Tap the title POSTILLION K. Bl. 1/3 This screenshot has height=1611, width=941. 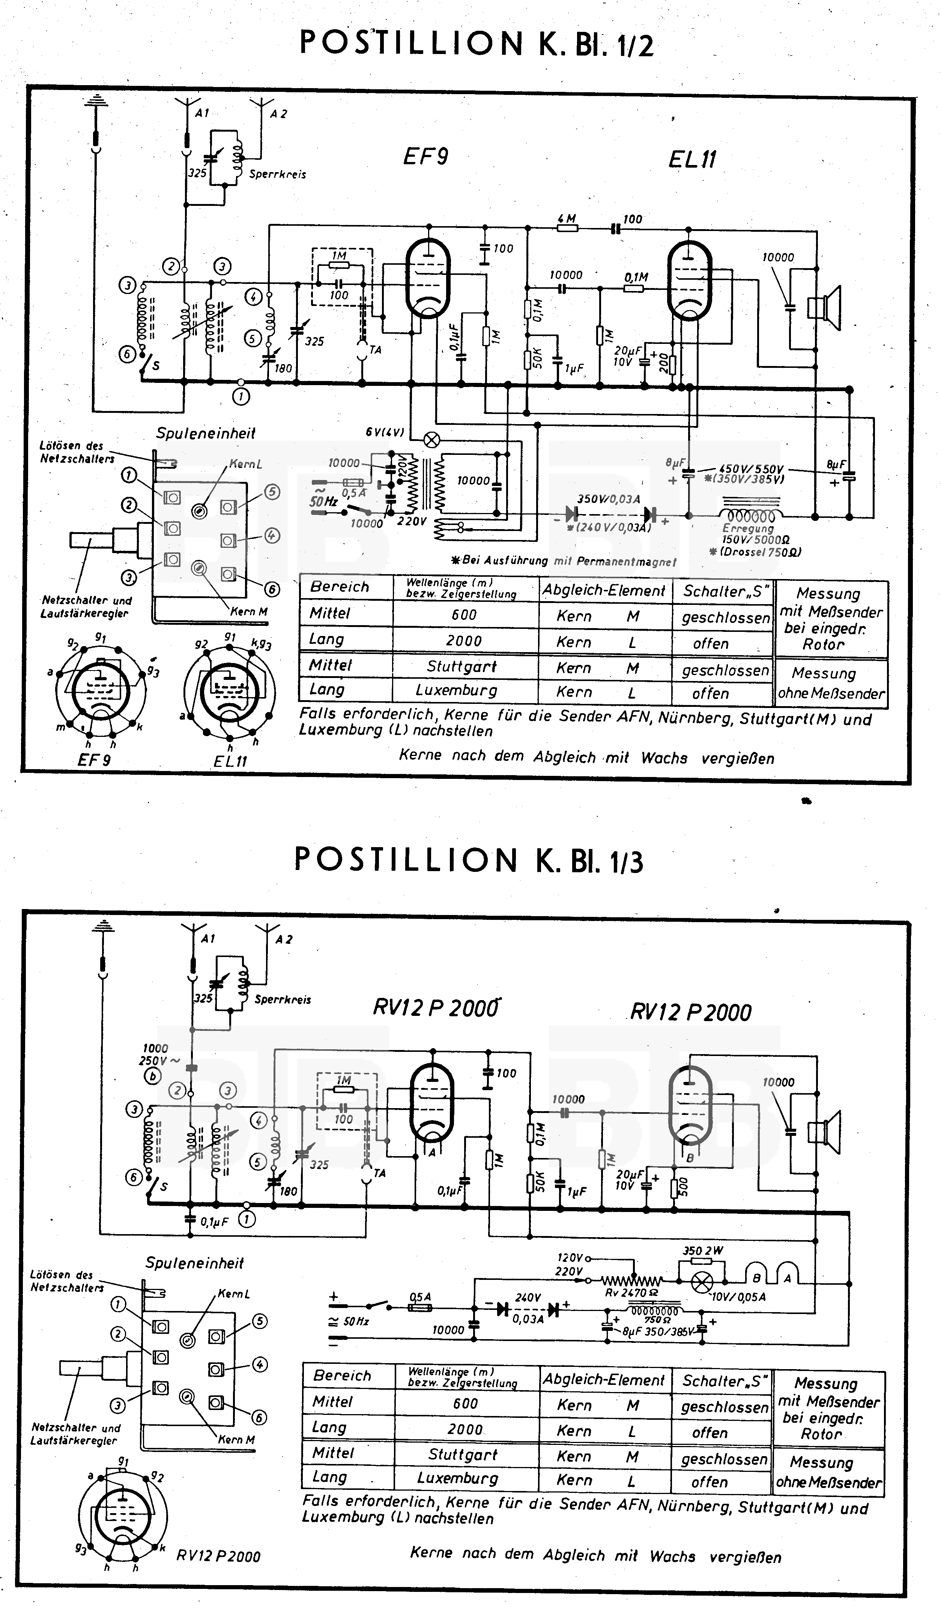pyautogui.click(x=469, y=861)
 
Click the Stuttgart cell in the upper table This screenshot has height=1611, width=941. pyautogui.click(x=462, y=667)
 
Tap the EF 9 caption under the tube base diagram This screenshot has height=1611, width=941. pyautogui.click(x=94, y=760)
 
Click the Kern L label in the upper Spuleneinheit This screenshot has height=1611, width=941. pyautogui.click(x=246, y=464)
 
